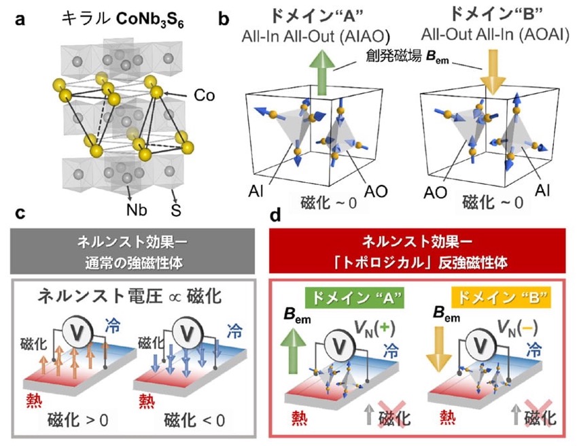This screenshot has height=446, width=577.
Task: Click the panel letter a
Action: (x=20, y=19)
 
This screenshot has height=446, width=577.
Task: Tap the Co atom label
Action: (x=205, y=96)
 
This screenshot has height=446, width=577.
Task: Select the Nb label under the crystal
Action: (x=137, y=210)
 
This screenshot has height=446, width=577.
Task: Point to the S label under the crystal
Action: (x=176, y=210)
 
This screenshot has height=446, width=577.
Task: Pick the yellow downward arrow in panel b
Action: (x=494, y=73)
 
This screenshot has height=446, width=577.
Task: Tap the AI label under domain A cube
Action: (x=256, y=192)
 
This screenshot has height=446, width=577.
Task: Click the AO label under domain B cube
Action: (x=435, y=192)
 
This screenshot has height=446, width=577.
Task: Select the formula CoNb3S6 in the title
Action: (x=150, y=20)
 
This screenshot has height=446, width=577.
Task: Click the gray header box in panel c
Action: (x=133, y=252)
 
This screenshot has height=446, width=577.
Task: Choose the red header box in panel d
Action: (x=417, y=251)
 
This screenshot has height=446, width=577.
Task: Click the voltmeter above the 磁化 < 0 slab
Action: (x=188, y=333)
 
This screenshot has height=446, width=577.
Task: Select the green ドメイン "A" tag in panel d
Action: (x=355, y=298)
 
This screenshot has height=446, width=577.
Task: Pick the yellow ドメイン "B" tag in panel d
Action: (x=501, y=297)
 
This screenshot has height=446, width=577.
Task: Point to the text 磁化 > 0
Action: (x=78, y=420)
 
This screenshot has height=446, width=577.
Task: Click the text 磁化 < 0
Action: (x=194, y=420)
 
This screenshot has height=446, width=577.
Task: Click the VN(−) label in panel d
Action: (x=517, y=327)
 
